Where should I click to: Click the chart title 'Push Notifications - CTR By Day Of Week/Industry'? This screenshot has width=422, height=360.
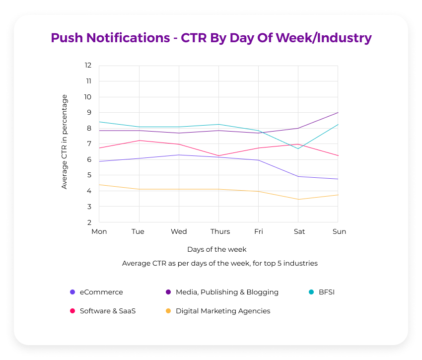click(x=211, y=38)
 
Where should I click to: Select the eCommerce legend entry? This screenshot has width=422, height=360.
click(x=101, y=292)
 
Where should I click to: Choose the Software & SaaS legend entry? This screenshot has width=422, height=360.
click(x=107, y=311)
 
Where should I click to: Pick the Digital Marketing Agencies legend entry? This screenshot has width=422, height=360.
click(x=222, y=311)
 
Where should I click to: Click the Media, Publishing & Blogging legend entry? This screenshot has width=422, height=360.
click(x=226, y=292)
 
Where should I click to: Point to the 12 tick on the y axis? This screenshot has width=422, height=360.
click(x=88, y=65)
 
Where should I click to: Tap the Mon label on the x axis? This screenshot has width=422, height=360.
click(x=99, y=231)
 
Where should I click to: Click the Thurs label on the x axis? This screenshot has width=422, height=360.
click(x=220, y=231)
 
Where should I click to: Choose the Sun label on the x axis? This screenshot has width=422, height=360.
click(x=339, y=231)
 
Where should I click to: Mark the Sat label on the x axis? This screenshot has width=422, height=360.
click(x=299, y=231)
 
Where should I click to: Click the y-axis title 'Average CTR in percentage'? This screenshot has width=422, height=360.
click(x=64, y=142)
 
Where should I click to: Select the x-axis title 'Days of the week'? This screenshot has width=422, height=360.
click(x=216, y=249)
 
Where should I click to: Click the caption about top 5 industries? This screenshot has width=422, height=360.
click(x=219, y=263)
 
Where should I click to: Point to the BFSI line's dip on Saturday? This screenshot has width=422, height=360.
click(x=298, y=148)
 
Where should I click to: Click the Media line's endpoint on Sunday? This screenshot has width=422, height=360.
click(x=338, y=112)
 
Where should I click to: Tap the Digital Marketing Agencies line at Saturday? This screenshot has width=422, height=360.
click(x=298, y=199)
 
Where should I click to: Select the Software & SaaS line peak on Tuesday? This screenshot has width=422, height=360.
click(x=139, y=141)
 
